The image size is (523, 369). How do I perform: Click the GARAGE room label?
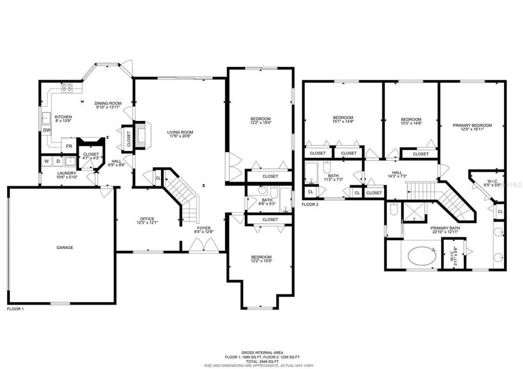65,248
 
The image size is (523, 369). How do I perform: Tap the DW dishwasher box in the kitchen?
47,130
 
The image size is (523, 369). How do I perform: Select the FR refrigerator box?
68,146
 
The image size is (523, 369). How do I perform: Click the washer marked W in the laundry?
47,161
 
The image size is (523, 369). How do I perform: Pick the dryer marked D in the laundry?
58,161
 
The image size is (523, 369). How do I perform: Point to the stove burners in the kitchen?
67,88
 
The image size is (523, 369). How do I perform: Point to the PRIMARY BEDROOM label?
472,126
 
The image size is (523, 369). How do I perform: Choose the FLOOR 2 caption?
310,204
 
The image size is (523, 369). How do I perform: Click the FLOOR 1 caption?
15,309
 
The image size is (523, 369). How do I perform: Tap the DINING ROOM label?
108,104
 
